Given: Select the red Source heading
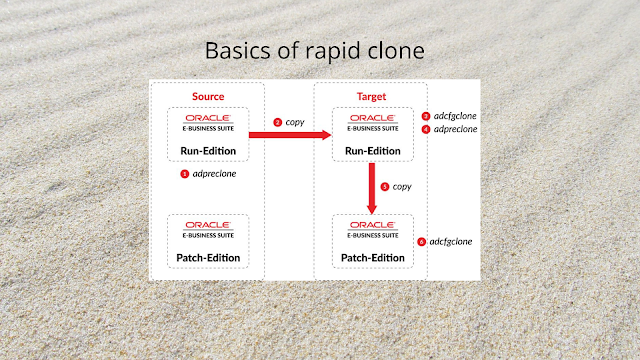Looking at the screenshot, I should tap(208, 97).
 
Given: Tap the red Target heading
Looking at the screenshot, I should tap(371, 97).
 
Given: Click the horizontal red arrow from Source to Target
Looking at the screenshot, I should tap(290, 135).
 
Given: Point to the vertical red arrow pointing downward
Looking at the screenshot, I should tap(371, 188).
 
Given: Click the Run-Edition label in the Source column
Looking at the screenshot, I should tap(208, 150).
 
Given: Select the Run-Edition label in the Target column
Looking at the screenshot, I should tap(371, 150).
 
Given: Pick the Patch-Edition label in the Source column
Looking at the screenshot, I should tap(208, 257).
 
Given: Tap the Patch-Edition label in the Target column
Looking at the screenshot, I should tap(371, 257).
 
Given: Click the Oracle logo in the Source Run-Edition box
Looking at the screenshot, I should tap(208, 119).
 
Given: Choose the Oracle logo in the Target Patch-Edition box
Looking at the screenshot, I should tap(371, 226).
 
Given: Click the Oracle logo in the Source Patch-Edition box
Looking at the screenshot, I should tap(208, 226).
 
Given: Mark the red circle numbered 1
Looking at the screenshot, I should tap(185, 173).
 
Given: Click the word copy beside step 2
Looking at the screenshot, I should tap(295, 122).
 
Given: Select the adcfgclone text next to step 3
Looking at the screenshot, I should tap(455, 116).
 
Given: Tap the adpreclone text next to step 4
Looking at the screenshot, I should tap(455, 129).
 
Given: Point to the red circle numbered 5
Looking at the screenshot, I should tap(385, 186).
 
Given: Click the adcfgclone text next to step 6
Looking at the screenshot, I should tap(451, 241).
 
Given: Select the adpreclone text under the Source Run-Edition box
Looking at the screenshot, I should tap(214, 173).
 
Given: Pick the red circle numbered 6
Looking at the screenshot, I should tap(422, 241).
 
